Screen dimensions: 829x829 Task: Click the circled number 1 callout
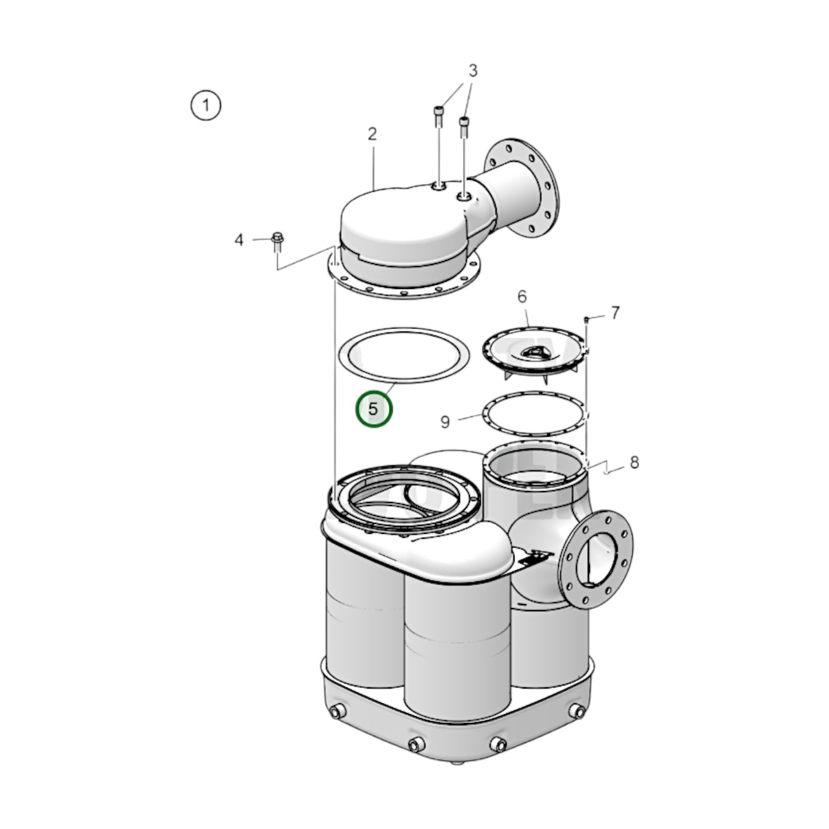point(205,106)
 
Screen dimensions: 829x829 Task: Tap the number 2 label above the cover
point(372,134)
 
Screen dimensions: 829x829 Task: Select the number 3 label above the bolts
point(473,71)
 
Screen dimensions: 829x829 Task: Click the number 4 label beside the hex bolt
point(239,240)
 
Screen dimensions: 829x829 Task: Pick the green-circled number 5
point(373,410)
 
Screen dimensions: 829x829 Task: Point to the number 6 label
point(521,297)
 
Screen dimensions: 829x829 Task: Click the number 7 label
point(615,313)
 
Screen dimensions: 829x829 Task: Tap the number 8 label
point(634,462)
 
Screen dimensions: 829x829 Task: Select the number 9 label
point(445,422)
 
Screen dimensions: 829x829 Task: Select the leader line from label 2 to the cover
point(373,166)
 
